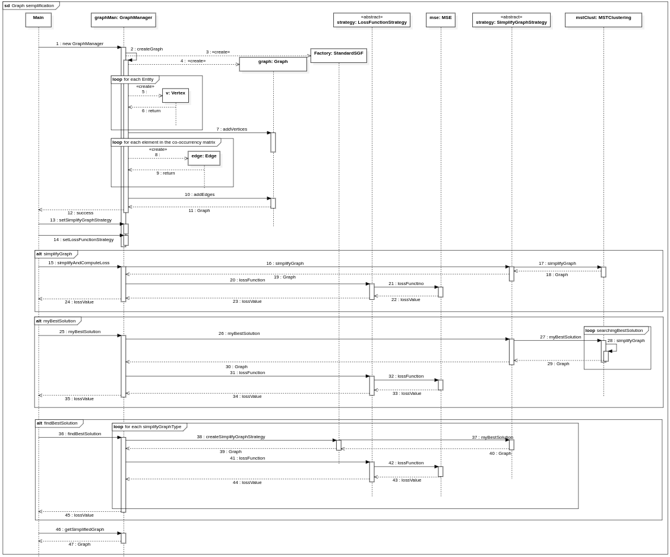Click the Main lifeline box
pyautogui.click(x=39, y=20)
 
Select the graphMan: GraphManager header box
pyautogui.click(x=124, y=20)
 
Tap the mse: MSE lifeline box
pyautogui.click(x=441, y=20)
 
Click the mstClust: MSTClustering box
pyautogui.click(x=603, y=20)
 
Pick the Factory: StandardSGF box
pyautogui.click(x=339, y=55)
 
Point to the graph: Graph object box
pyautogui.click(x=273, y=64)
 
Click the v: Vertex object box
pyautogui.click(x=175, y=95)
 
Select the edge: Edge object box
pyautogui.click(x=204, y=157)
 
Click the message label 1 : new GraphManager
pyautogui.click(x=80, y=43)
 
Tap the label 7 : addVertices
pyautogui.click(x=232, y=129)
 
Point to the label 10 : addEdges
pyautogui.click(x=200, y=194)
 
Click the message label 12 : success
pyautogui.click(x=80, y=213)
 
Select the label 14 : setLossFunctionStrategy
pyautogui.click(x=83, y=239)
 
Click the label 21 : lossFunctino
pyautogui.click(x=406, y=283)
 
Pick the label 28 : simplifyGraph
pyautogui.click(x=625, y=340)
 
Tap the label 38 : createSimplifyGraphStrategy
pyautogui.click(x=231, y=436)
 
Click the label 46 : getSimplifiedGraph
pyautogui.click(x=80, y=529)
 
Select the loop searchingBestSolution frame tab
pyautogui.click(x=614, y=330)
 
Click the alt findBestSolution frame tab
pyautogui.click(x=57, y=423)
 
